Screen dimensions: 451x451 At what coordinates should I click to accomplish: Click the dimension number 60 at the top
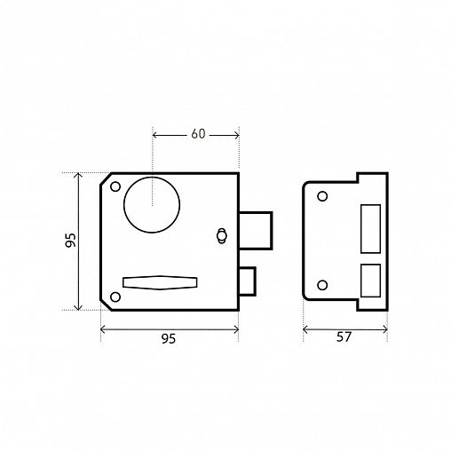[x=198, y=134]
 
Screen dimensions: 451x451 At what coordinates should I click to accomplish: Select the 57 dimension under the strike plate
[x=344, y=337]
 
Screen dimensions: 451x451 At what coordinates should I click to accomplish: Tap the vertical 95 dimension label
[x=71, y=240]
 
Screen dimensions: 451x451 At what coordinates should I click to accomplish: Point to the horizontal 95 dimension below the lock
[x=169, y=338]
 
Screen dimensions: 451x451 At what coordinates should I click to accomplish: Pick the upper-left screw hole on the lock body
[x=115, y=186]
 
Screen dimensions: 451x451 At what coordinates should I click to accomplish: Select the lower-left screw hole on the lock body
[x=115, y=297]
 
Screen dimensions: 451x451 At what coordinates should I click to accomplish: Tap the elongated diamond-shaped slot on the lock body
[x=160, y=282]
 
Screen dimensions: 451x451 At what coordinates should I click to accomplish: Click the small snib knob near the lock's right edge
[x=221, y=236]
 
